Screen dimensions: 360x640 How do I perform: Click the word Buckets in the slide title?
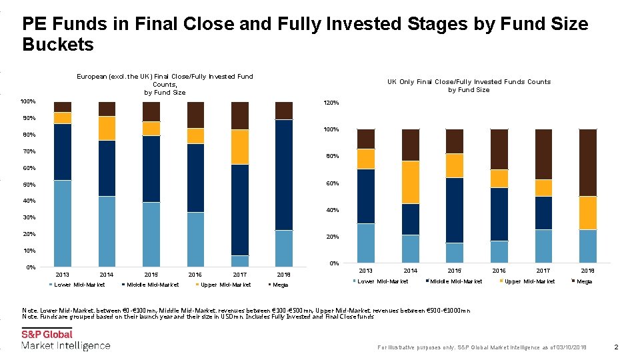58,45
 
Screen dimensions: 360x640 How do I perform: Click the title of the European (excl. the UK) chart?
165,85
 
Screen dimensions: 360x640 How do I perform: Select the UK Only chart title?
469,85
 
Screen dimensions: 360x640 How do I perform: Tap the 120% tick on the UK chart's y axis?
331,103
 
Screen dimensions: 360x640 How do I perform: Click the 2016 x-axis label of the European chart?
195,275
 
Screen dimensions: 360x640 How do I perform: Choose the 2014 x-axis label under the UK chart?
410,271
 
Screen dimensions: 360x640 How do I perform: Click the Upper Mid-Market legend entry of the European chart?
225,285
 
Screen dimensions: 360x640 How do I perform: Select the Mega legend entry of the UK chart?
583,281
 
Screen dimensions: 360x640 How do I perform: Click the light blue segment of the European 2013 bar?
63,223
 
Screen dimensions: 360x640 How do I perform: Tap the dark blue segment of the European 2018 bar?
284,175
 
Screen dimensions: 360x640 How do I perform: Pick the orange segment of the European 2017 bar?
240,147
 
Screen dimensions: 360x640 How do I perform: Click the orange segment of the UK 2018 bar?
587,213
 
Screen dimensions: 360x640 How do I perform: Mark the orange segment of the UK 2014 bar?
410,182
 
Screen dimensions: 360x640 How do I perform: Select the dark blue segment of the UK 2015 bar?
455,210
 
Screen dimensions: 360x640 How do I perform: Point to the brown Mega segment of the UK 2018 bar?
587,162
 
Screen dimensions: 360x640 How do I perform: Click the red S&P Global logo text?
47,335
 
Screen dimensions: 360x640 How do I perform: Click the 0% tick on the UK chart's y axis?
335,263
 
